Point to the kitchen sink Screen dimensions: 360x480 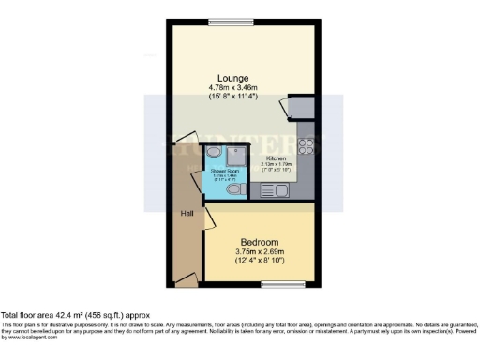287,191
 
